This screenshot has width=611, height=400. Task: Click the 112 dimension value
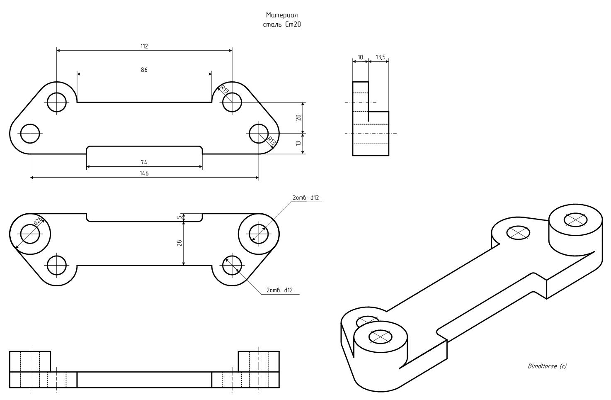click(144, 46)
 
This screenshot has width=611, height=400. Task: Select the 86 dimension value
click(144, 70)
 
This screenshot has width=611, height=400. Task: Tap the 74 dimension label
click(144, 162)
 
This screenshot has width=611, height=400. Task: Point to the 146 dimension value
click(144, 173)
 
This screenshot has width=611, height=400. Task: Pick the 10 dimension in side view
click(360, 57)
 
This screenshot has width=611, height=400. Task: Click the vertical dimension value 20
click(298, 117)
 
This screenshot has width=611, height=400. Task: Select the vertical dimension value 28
click(179, 243)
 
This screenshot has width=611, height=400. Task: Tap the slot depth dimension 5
click(179, 217)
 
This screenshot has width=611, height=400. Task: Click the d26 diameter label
click(38, 220)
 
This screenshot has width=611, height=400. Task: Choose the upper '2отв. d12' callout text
click(305, 198)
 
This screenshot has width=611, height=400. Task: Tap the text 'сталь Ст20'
click(282, 24)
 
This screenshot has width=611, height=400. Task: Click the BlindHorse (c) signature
click(547, 366)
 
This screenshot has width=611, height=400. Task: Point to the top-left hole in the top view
click(57, 102)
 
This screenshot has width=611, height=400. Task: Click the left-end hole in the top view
click(30, 134)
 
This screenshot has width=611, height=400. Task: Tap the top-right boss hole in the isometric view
click(575, 219)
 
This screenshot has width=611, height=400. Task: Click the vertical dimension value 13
click(298, 144)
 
